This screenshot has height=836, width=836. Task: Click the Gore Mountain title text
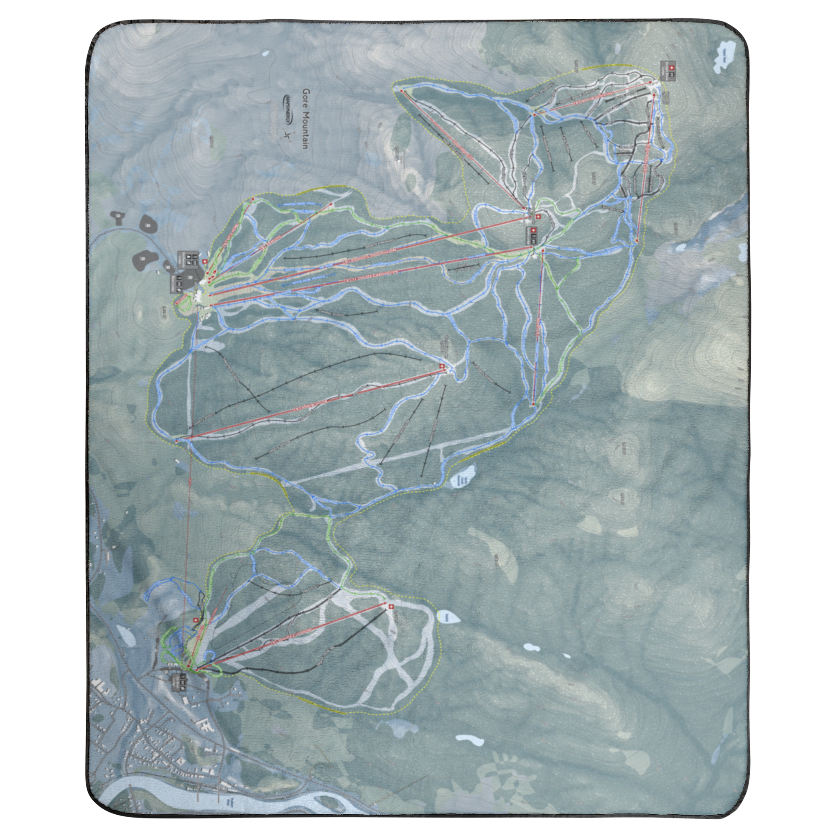(305, 120)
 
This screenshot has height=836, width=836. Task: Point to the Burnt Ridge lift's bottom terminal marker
(177, 441)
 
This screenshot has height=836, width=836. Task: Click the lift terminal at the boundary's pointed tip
(402, 90)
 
